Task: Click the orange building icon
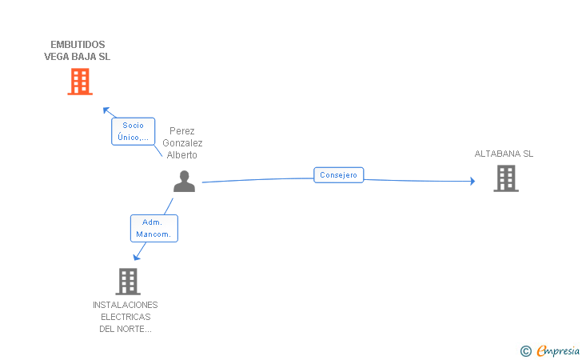[x=80, y=82]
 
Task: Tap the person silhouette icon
[x=184, y=182]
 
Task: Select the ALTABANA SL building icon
[x=506, y=178]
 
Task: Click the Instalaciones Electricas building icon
[x=128, y=282]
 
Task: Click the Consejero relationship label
[x=338, y=175]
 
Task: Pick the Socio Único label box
[x=134, y=131]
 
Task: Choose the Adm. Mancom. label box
[x=154, y=229]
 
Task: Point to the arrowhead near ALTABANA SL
[x=472, y=181]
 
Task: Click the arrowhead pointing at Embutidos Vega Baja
[x=106, y=110]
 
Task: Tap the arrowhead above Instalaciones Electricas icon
[x=137, y=257]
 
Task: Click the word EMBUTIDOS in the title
[x=78, y=45]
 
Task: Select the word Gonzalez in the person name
[x=182, y=143]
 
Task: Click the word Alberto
[x=182, y=155]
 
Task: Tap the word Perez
[x=182, y=130]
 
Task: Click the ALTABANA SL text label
[x=504, y=154]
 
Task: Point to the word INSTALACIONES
[x=125, y=305]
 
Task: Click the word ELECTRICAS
[x=126, y=317]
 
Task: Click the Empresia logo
[x=558, y=350]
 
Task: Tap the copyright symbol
[x=525, y=351]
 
